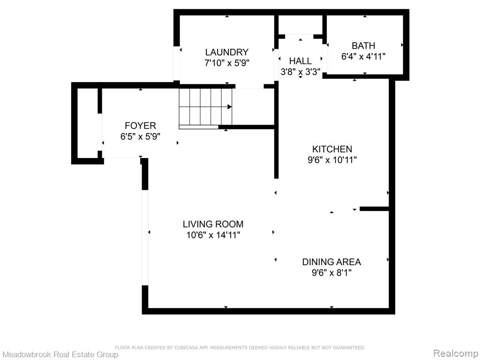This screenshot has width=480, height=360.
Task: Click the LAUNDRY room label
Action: (226, 52)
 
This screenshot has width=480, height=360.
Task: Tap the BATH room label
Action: (363, 45)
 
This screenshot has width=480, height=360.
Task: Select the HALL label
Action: (300, 60)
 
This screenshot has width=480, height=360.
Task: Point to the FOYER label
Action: (140, 126)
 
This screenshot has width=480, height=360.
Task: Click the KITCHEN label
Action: (332, 149)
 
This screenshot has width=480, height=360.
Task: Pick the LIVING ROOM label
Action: (213, 224)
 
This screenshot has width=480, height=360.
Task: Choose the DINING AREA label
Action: (331, 262)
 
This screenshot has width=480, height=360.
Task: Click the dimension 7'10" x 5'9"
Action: (227, 63)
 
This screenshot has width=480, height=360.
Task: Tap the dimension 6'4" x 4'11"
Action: (363, 56)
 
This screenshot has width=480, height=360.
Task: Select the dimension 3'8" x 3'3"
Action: (300, 72)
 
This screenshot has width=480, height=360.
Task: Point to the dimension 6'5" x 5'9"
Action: (140, 136)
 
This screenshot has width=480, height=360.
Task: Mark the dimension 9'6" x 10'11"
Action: (332, 160)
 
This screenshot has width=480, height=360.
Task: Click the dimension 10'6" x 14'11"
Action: (213, 235)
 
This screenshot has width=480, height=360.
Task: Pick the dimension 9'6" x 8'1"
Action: (331, 272)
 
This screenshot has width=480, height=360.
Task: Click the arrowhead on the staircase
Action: (230, 107)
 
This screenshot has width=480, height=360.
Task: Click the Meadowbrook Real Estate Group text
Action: (60, 354)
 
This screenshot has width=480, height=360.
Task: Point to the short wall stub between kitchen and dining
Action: (374, 209)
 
